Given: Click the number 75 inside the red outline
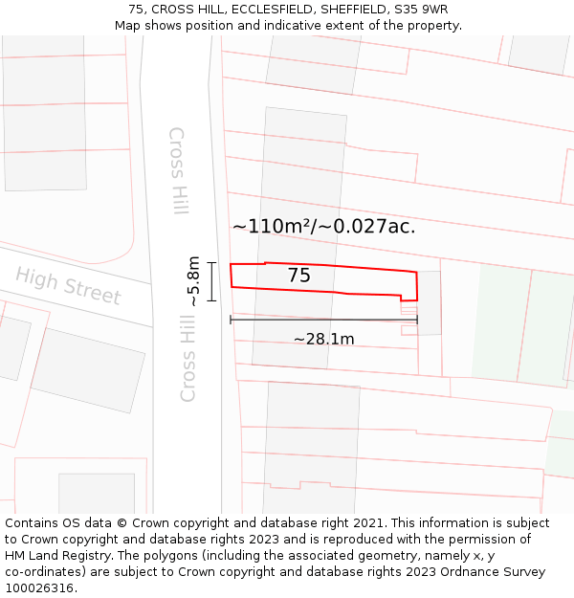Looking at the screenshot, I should (298, 276).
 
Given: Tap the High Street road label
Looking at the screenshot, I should (68, 286).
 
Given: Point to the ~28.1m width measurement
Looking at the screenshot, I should (323, 339).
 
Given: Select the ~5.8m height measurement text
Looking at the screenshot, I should (193, 281).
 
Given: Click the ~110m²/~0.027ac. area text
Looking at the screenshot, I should (323, 227).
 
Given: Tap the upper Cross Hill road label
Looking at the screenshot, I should (178, 170).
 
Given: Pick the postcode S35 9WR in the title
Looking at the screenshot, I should (422, 10).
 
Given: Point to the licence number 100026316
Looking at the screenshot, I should (39, 588).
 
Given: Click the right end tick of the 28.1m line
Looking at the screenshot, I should (417, 320).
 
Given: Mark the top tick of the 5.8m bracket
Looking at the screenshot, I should (211, 262).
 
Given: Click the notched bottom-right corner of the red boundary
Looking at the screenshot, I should (401, 299).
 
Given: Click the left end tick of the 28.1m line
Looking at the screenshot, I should (231, 320).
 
